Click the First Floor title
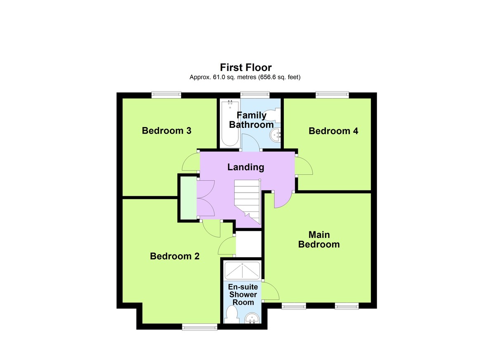click(x=245, y=67)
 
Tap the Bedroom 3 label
click(x=166, y=131)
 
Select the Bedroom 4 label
click(x=333, y=131)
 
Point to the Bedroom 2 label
click(x=174, y=256)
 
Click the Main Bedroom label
click(x=319, y=239)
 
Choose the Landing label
click(x=245, y=167)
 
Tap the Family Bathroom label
click(x=251, y=120)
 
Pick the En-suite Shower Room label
click(x=243, y=294)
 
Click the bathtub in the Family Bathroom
click(x=229, y=123)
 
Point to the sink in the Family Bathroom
click(x=275, y=134)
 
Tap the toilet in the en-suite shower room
click(x=231, y=317)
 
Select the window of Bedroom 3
click(x=166, y=95)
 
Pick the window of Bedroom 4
click(x=332, y=95)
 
